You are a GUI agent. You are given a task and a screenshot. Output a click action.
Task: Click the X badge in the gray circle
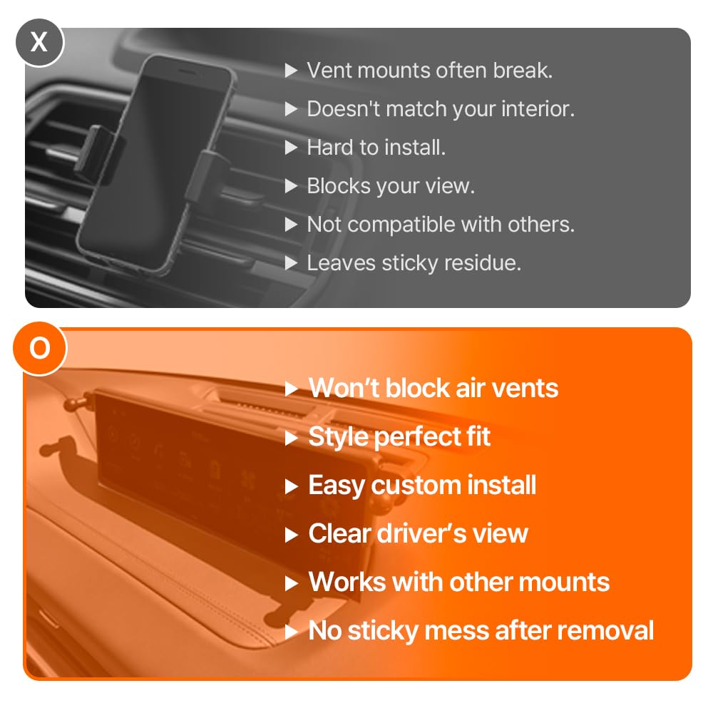pyautogui.click(x=39, y=42)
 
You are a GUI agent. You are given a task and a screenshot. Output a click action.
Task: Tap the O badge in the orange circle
pyautogui.click(x=40, y=349)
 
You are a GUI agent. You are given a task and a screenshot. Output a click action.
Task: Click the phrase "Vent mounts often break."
pyautogui.click(x=430, y=71)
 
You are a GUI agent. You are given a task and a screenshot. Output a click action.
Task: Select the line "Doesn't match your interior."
pyautogui.click(x=441, y=109)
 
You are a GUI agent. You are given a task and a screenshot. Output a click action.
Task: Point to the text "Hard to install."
pyautogui.click(x=376, y=148)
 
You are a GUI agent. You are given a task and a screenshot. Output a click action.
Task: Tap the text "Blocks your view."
pyautogui.click(x=391, y=186)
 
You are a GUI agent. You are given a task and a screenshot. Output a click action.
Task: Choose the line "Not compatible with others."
pyautogui.click(x=441, y=224)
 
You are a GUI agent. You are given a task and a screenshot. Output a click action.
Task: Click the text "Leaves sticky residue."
pyautogui.click(x=414, y=263)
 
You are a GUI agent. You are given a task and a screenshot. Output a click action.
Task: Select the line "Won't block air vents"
pyautogui.click(x=434, y=389)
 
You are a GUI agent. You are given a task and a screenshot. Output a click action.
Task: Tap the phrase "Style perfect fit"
pyautogui.click(x=399, y=437)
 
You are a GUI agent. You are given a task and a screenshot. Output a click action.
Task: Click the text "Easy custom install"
pyautogui.click(x=422, y=485)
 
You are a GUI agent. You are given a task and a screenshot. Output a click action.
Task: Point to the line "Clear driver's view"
pyautogui.click(x=418, y=533)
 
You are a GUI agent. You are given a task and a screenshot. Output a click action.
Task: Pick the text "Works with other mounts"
pyautogui.click(x=458, y=582)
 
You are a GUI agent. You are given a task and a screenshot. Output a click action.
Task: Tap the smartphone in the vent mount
pyautogui.click(x=157, y=165)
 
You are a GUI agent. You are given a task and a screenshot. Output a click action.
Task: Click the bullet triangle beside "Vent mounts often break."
pyautogui.click(x=291, y=71)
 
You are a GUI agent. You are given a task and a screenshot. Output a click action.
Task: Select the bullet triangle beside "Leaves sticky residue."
pyautogui.click(x=291, y=263)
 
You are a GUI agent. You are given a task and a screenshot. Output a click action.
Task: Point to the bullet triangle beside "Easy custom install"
pyautogui.click(x=291, y=487)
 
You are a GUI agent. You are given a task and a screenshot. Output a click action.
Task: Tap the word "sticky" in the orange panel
pyautogui.click(x=383, y=632)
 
